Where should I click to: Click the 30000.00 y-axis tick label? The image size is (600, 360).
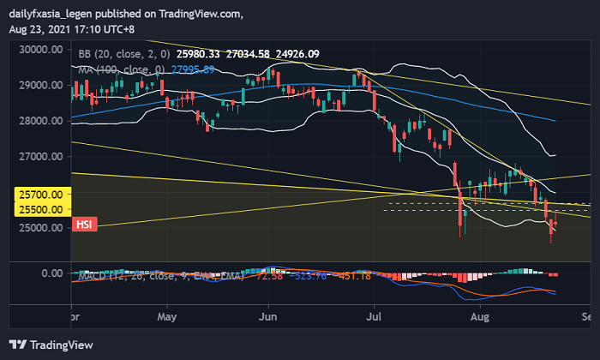(43, 50)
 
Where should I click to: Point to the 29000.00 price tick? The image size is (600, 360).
(43, 86)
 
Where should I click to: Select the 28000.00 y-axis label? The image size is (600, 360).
(43, 121)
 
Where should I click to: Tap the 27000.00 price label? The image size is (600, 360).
(43, 157)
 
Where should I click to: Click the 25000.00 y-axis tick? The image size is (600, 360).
(43, 228)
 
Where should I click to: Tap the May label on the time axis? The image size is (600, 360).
(167, 315)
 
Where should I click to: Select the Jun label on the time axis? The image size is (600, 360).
(269, 315)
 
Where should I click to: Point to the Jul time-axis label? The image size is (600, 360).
(374, 315)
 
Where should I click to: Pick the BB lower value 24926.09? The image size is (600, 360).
(295, 53)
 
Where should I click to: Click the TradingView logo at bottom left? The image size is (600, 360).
(51, 345)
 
